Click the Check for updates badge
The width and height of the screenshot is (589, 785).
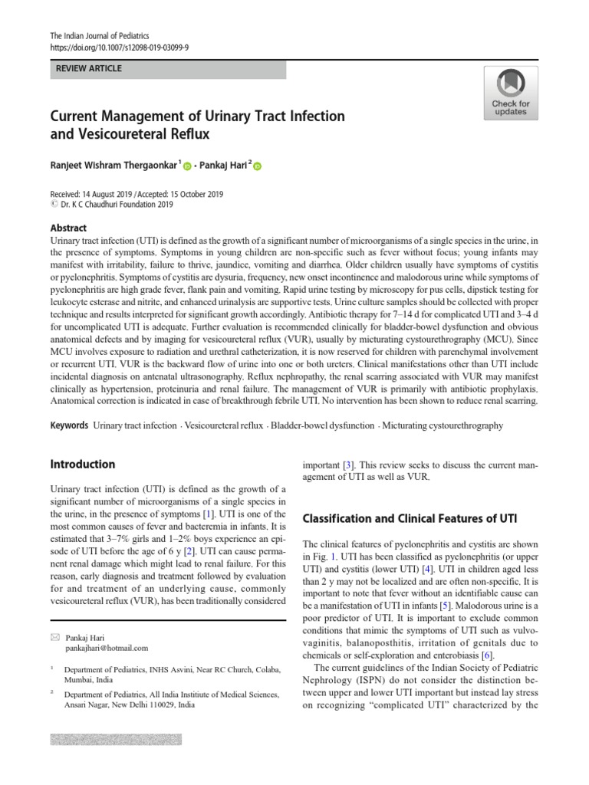point(510,93)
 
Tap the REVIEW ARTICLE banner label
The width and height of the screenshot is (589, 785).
point(89,69)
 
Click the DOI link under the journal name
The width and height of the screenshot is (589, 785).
point(119,46)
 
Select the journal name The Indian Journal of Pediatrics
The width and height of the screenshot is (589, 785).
point(100,36)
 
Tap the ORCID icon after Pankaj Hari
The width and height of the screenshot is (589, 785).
point(257,166)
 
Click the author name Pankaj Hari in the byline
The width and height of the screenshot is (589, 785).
point(222,165)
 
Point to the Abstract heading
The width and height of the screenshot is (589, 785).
point(68,228)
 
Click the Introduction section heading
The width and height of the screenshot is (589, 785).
point(82,464)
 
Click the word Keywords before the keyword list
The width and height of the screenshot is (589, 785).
point(69,425)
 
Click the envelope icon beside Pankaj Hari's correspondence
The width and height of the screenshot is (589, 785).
point(54,637)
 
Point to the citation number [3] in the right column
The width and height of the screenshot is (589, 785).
point(348,465)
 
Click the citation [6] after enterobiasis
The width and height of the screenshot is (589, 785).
point(486,655)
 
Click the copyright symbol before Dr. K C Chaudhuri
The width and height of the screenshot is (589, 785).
point(53,205)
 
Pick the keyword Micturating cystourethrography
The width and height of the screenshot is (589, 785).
point(443,425)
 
